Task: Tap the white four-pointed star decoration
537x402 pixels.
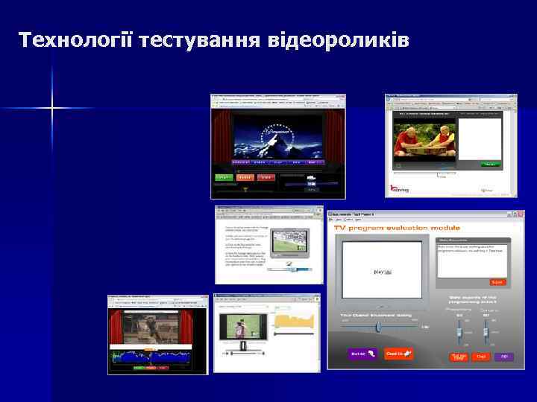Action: [x=52, y=109]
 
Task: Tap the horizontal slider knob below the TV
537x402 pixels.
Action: [x=378, y=326]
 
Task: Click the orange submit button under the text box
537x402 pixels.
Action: [x=497, y=282]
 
